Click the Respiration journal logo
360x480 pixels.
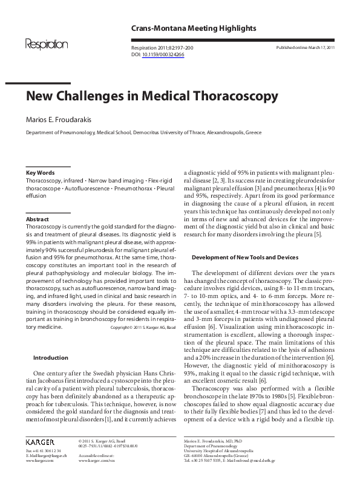46,44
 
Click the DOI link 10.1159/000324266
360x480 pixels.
163,54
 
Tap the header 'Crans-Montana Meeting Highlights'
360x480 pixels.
194,28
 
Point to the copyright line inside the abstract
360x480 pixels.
143,327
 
